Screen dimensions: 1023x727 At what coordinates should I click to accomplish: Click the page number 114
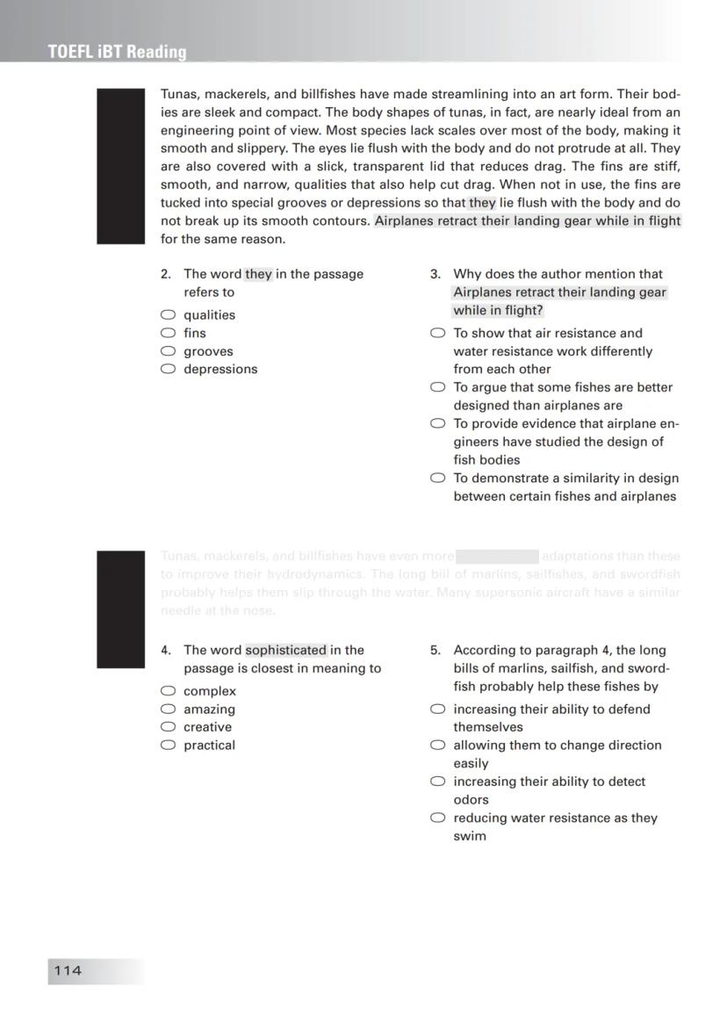tap(68, 970)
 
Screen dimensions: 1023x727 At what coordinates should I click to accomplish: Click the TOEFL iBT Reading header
tap(118, 52)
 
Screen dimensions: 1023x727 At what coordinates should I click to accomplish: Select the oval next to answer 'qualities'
tap(168, 314)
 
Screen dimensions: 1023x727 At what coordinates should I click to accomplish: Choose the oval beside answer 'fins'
tap(168, 333)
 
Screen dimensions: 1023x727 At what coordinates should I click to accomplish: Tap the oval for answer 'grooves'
tap(168, 351)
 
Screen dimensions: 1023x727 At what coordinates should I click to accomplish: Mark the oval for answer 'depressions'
tap(168, 369)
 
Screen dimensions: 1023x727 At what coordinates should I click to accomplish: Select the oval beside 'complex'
tap(168, 691)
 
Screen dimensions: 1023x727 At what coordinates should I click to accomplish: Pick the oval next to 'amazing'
tap(168, 709)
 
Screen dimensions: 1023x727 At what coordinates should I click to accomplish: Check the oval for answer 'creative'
tap(168, 727)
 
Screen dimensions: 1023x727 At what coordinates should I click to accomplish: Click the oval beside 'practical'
tap(168, 746)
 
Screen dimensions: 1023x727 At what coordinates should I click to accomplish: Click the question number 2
tap(165, 274)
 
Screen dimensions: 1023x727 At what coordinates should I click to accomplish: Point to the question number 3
tap(435, 274)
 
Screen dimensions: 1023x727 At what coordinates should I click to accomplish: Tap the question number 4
tap(165, 651)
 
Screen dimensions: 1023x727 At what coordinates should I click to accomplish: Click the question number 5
tap(435, 651)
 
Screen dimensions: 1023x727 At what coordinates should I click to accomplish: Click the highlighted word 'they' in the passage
tap(482, 203)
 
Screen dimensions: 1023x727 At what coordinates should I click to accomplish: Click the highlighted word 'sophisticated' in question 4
tap(286, 651)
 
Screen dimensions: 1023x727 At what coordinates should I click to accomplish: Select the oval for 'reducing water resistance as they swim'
tap(437, 818)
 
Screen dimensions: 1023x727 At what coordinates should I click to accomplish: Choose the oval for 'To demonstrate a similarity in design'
tap(437, 479)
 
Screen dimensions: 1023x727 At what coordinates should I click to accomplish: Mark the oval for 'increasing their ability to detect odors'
tap(437, 782)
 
